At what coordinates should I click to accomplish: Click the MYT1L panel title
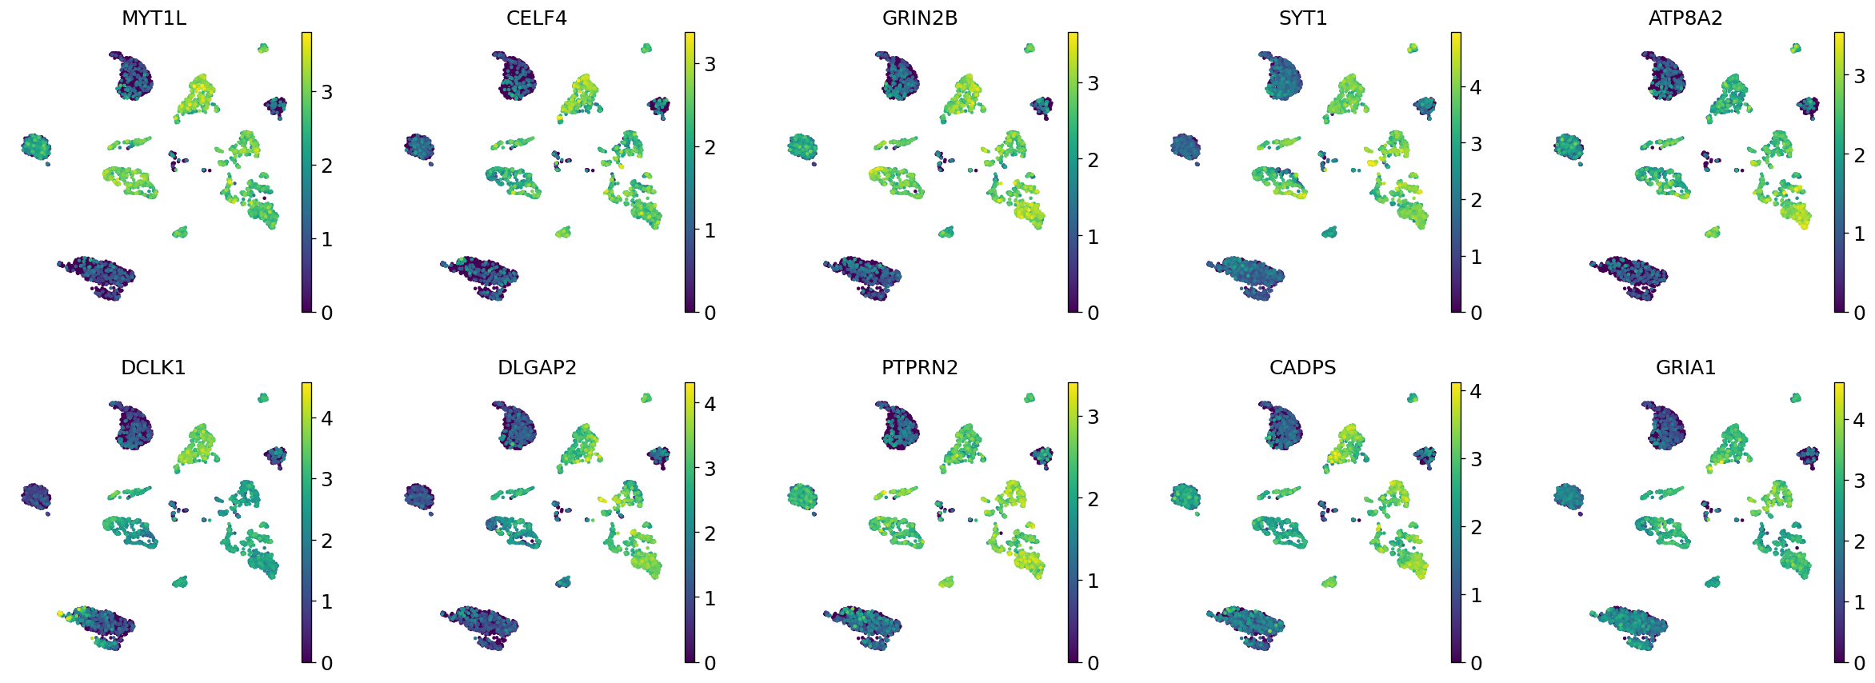click(154, 18)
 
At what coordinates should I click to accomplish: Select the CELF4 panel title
click(537, 18)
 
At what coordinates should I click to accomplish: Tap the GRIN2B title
click(920, 18)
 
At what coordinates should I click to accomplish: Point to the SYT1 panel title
click(1303, 18)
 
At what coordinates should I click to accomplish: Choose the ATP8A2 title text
click(1685, 18)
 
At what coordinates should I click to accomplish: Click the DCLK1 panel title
click(154, 367)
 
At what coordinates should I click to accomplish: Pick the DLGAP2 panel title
click(537, 367)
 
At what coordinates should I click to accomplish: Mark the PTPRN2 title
click(920, 367)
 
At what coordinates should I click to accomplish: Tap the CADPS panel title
click(1303, 367)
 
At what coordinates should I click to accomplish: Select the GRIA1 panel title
click(1685, 367)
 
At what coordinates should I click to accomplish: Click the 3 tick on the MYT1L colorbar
click(326, 93)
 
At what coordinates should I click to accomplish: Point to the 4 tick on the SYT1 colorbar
click(1476, 88)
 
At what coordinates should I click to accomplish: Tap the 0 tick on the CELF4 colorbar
click(710, 313)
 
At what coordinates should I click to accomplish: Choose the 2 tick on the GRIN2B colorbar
click(1093, 160)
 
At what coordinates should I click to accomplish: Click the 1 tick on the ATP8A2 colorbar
click(1859, 234)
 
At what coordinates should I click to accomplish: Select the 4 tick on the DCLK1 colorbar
click(326, 418)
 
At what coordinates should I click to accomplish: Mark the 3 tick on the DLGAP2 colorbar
click(710, 469)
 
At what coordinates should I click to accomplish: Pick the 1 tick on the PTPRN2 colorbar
click(1093, 581)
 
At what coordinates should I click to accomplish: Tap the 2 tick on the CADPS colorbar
click(1476, 527)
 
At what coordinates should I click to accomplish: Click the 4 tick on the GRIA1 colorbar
click(1859, 421)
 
